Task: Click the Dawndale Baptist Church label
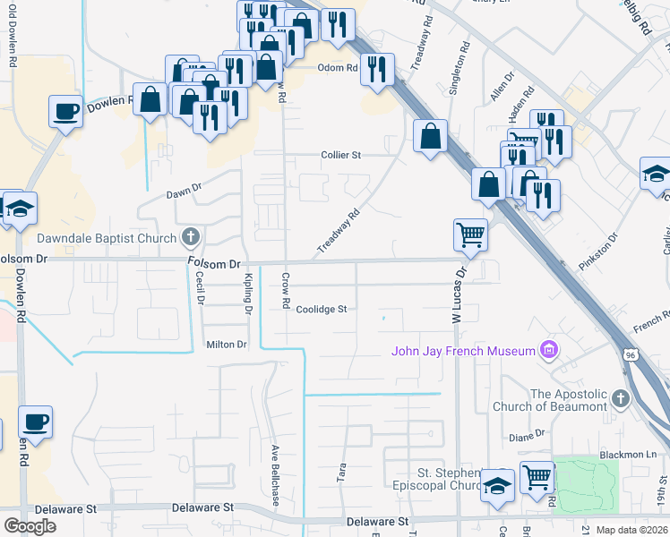(x=107, y=238)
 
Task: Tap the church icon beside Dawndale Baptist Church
(x=190, y=237)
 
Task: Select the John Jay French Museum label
(x=462, y=350)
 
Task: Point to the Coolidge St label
(x=322, y=309)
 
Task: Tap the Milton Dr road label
(x=226, y=344)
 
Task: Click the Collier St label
(x=340, y=155)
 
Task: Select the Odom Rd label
(x=338, y=67)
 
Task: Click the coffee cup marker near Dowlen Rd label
(x=65, y=113)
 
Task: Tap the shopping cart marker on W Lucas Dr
(x=470, y=236)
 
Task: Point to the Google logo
(x=30, y=526)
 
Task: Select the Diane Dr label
(x=526, y=436)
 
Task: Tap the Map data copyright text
(x=631, y=530)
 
